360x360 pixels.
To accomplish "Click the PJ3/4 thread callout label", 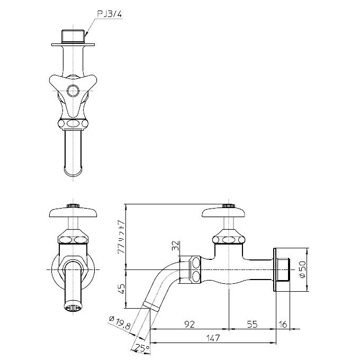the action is (x=109, y=14).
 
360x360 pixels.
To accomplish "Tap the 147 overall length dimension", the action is (x=213, y=338).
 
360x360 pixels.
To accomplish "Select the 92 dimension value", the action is (x=190, y=324).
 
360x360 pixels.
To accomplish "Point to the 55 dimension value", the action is (x=252, y=324).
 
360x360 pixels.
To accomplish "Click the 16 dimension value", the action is (x=283, y=324).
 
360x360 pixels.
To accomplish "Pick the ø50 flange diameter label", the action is (x=303, y=269).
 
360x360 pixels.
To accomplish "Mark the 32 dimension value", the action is (x=175, y=246).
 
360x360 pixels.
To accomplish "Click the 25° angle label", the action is (x=142, y=348).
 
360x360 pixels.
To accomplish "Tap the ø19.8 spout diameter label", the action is (x=120, y=322).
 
